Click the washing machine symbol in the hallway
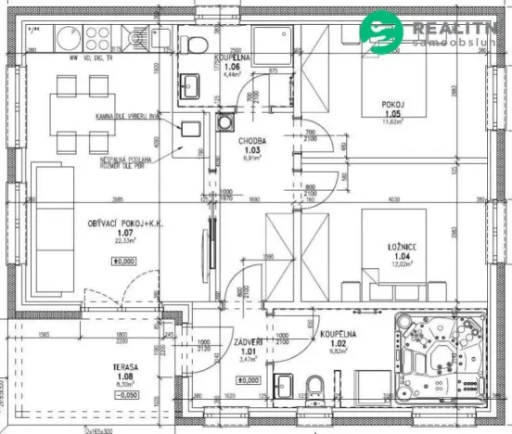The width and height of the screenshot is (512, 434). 225,121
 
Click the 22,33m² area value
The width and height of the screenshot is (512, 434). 123,241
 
